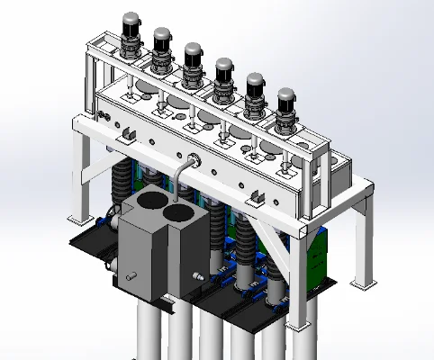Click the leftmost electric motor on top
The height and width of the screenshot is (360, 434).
[x=131, y=32]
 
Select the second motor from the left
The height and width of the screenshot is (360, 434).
[x=162, y=46]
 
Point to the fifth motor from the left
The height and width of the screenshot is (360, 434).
[x=255, y=89]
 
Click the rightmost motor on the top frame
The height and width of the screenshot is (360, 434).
[x=286, y=105]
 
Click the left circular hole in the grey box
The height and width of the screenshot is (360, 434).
[x=152, y=202]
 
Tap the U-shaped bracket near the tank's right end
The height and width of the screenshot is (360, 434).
[x=256, y=196]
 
